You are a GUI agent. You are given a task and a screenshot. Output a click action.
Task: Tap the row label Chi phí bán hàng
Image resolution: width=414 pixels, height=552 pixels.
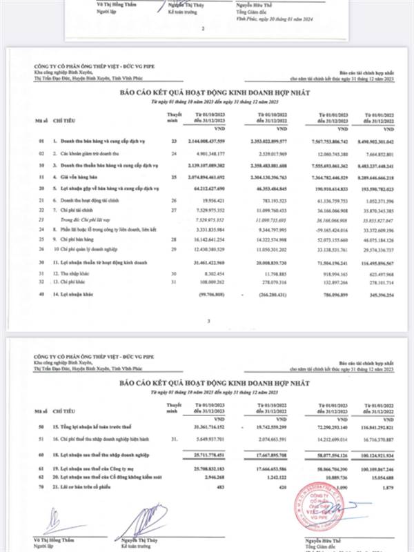click(x=79, y=238)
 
